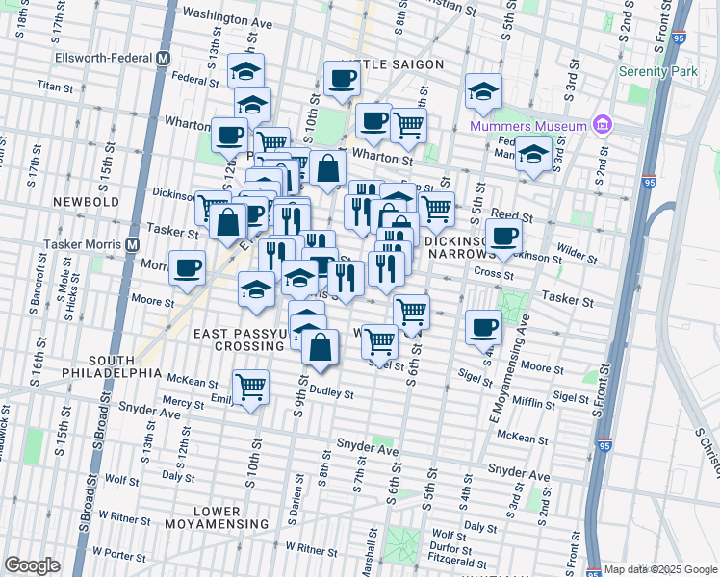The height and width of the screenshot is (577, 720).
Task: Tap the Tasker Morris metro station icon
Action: (x=130, y=244)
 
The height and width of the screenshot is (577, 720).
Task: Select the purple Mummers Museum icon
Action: (x=603, y=125)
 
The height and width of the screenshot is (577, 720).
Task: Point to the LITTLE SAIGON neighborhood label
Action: (x=391, y=64)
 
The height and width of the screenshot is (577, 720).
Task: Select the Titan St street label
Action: (x=55, y=87)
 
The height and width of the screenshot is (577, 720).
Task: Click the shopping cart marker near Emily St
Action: (x=250, y=387)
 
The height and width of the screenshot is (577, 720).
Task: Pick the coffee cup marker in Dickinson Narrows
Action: (x=503, y=236)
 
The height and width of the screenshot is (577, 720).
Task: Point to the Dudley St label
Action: (x=332, y=393)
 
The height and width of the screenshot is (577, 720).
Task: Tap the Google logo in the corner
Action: (x=32, y=565)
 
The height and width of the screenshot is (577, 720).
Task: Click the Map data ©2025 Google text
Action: (x=659, y=569)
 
